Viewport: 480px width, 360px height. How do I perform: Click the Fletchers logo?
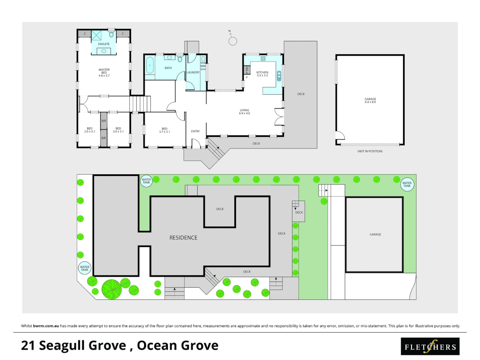430,346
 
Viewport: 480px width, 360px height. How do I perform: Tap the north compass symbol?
233,41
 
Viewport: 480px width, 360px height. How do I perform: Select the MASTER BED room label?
104,73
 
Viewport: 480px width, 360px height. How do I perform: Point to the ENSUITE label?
104,44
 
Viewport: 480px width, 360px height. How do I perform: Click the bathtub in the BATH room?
150,65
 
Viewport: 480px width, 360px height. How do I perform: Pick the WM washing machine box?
203,66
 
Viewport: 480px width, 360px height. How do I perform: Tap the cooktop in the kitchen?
263,59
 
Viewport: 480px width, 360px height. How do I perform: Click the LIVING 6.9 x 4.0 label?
244,112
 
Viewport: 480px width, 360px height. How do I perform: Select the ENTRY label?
195,131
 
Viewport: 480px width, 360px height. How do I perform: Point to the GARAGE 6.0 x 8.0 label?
370,100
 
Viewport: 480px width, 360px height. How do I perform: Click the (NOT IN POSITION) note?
370,151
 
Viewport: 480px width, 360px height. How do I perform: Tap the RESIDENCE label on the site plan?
183,238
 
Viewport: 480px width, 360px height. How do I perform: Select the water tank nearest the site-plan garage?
407,184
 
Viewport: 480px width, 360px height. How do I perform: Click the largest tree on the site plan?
111,289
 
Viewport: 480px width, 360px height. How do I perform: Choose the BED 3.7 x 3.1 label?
164,130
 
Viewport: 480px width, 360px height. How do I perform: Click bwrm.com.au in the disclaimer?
46,326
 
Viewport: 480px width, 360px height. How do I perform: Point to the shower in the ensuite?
96,35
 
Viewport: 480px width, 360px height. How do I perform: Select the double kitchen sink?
279,76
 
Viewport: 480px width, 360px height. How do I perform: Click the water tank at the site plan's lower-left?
85,268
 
